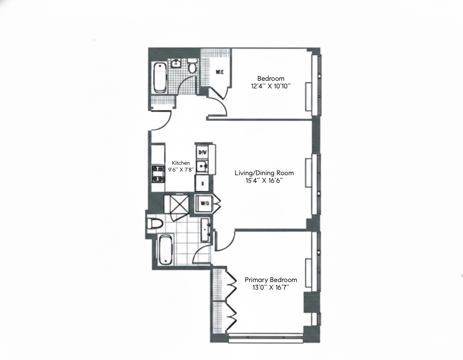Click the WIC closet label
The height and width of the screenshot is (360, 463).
pos(220,72)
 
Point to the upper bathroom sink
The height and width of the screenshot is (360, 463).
pos(176,63)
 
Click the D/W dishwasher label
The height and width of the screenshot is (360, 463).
pos(203,152)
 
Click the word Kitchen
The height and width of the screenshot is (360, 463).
pos(181,163)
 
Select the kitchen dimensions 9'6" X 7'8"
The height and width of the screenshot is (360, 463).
pos(181,170)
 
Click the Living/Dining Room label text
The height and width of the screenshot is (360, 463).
pos(264,173)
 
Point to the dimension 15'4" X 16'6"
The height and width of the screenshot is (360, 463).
pos(264,180)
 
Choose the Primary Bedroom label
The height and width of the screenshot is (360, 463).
pos(271,280)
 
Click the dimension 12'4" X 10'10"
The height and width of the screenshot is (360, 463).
pos(271,86)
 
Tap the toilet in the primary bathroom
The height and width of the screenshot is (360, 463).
pos(155,223)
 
